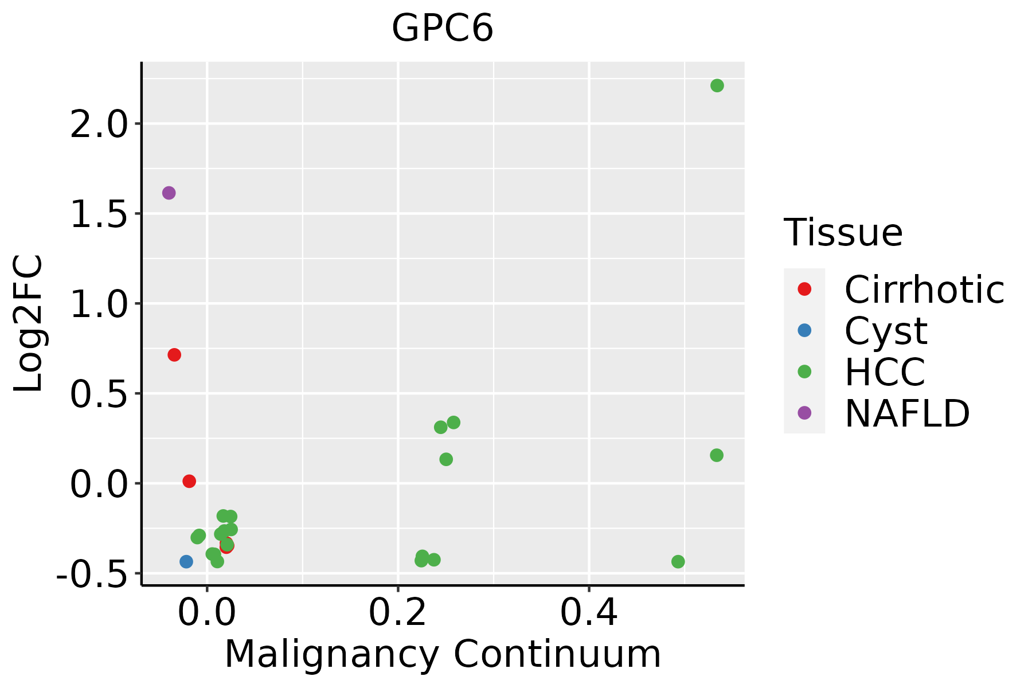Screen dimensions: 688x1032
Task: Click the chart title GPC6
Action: (442, 29)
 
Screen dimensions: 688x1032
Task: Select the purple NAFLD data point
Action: (169, 193)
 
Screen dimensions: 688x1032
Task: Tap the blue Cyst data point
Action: (186, 561)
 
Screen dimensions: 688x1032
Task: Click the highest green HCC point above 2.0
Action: (717, 85)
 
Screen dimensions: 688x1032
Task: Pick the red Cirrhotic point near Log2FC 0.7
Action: (174, 355)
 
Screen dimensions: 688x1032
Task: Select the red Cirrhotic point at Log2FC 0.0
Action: (189, 481)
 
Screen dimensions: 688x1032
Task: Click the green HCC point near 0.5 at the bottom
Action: (678, 561)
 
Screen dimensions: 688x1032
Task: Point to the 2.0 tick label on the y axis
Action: (98, 124)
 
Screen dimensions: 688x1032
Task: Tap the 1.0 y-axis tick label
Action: (98, 304)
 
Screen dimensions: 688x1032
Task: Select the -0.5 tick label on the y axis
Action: (91, 573)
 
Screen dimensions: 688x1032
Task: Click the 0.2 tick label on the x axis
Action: (397, 613)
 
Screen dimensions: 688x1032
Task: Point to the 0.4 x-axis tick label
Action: (588, 613)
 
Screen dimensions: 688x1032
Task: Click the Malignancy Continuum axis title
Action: (442, 654)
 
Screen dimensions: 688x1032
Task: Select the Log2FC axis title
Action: (29, 323)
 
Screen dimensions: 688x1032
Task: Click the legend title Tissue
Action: (843, 232)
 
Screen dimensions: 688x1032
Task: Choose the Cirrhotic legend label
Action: (924, 290)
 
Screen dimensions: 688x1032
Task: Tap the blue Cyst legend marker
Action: (804, 330)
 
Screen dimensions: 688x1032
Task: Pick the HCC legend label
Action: (885, 372)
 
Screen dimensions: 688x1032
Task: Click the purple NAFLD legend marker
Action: (804, 412)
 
